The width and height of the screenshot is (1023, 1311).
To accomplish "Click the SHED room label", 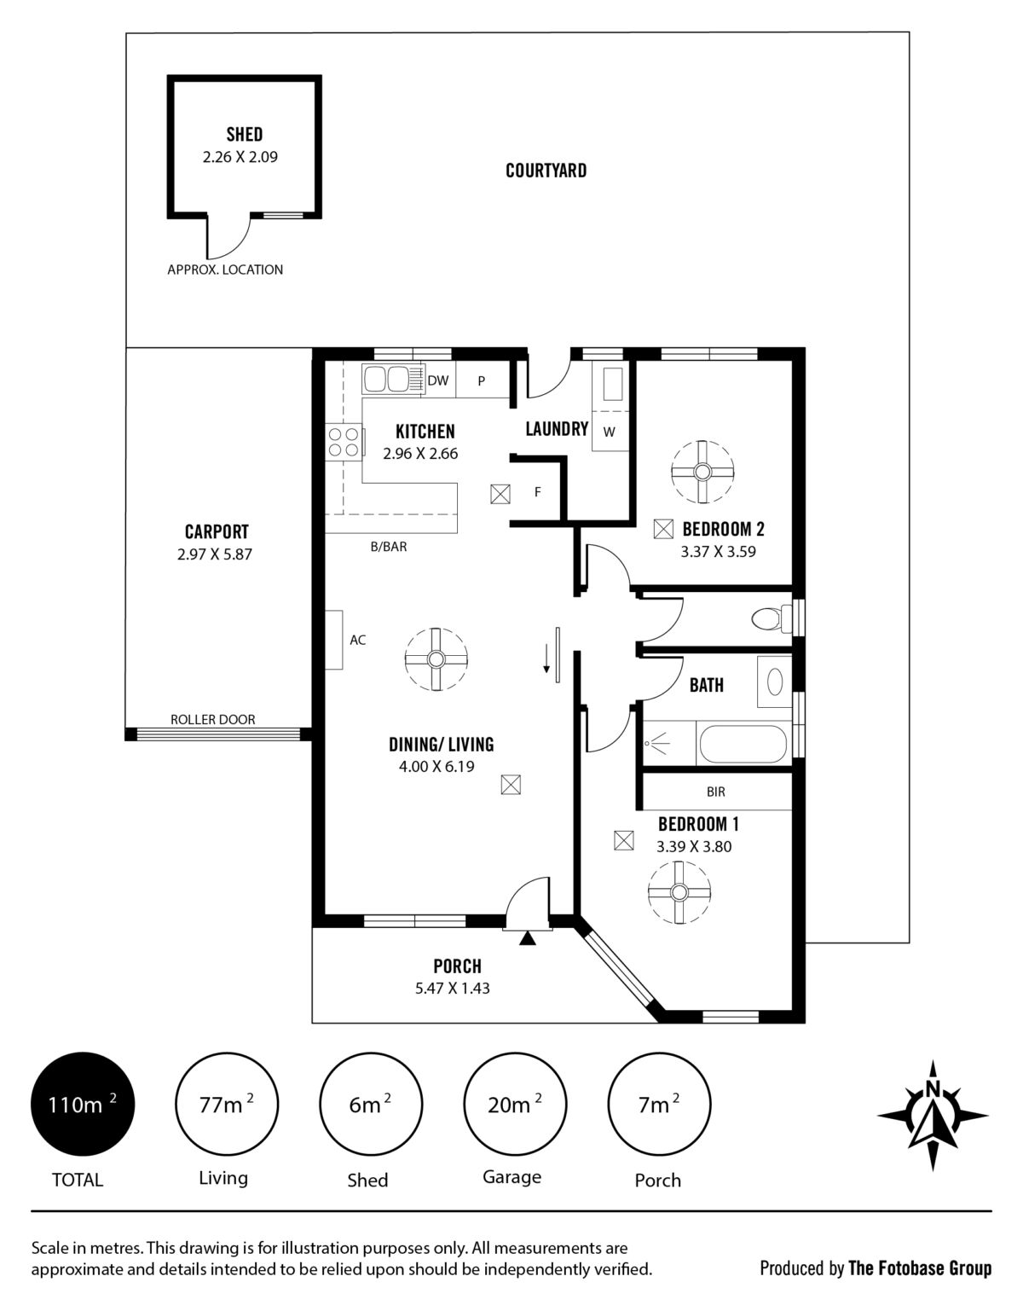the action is tap(244, 134).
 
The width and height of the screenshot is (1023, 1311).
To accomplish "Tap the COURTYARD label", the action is tap(546, 171).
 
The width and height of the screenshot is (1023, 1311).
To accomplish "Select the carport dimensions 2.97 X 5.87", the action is tap(215, 554).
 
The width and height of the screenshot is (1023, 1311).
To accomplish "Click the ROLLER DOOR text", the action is tap(213, 719).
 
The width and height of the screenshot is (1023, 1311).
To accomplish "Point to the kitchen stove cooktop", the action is tap(344, 442).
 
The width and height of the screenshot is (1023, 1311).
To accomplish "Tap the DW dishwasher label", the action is tap(438, 380).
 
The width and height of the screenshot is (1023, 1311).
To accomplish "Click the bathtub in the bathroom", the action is tap(742, 744).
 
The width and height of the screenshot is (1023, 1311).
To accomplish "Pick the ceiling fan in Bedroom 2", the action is tap(702, 471).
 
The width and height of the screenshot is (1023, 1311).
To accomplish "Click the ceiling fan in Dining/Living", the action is tap(436, 659).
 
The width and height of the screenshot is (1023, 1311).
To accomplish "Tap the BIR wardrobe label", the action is tap(716, 792).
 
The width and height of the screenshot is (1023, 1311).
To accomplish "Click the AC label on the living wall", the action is tap(357, 640).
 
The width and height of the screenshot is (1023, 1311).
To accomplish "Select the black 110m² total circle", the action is tap(83, 1104).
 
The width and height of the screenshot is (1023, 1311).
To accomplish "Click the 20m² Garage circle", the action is tap(515, 1104).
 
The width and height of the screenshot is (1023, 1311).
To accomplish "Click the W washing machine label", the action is tap(609, 432).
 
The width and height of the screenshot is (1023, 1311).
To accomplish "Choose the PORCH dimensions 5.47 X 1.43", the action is tap(452, 989).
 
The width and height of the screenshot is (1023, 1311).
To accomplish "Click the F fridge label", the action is tap(538, 492).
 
